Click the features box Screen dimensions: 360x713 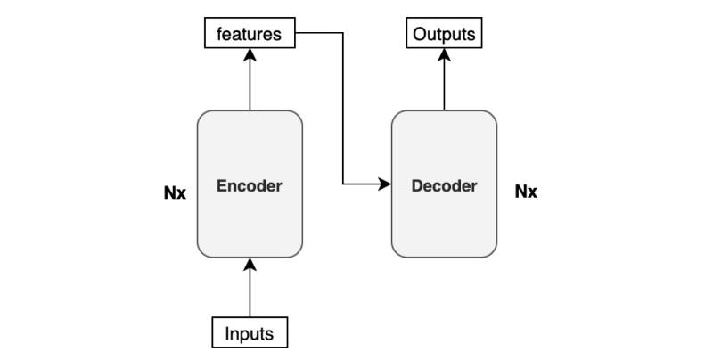250,35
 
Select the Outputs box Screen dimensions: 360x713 445,35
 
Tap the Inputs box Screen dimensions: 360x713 250,333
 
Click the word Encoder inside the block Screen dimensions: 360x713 250,186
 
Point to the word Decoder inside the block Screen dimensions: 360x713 444,186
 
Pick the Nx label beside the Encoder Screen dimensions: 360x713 175,192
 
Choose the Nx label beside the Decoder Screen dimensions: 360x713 527,192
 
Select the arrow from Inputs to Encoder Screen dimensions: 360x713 250,290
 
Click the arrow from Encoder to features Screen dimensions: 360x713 250,80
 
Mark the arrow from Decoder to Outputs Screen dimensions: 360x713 445,80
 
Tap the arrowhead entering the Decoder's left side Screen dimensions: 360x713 385,185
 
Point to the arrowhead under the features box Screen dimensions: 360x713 250,53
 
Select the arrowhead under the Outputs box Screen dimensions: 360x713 445,53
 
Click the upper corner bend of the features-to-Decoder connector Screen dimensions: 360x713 343,34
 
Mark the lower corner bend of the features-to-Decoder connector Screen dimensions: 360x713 343,185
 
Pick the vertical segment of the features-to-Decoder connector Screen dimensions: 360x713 343,107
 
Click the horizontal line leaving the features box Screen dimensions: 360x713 319,34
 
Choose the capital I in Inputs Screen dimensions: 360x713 226,334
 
